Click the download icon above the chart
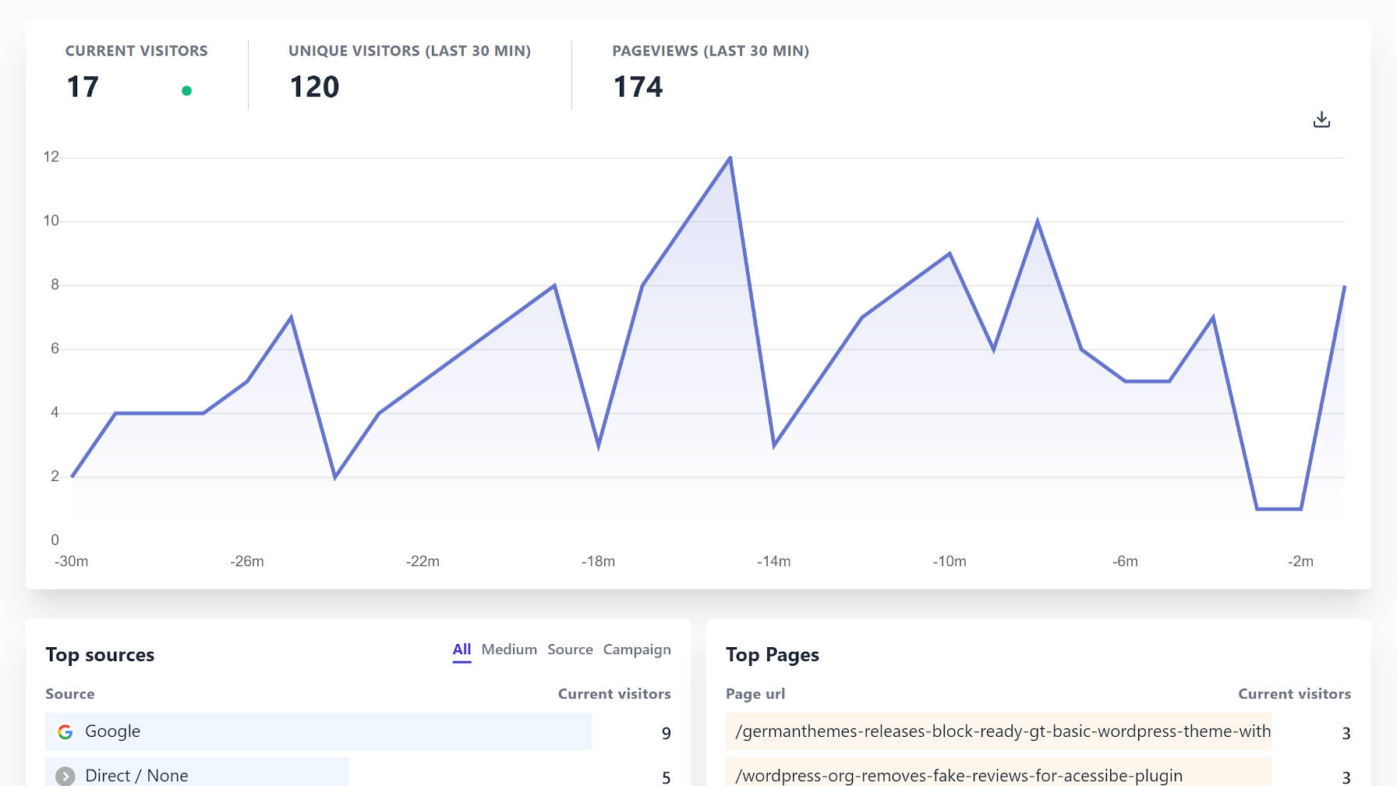tap(1321, 119)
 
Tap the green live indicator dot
tap(186, 90)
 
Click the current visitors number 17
tap(83, 87)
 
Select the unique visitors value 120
tap(314, 87)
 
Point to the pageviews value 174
tap(638, 87)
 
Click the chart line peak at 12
tap(730, 158)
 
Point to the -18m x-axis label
tap(598, 561)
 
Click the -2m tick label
tap(1300, 561)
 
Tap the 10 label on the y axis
tap(51, 221)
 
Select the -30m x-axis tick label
tap(71, 561)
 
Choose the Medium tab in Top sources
tap(509, 650)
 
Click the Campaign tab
tap(637, 650)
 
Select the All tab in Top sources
tap(462, 650)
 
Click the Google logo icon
tap(65, 731)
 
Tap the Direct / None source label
tap(136, 775)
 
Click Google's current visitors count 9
tap(666, 733)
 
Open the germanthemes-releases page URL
tap(1003, 731)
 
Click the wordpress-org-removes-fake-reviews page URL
tap(959, 775)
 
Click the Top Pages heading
tap(772, 655)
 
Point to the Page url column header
tap(755, 694)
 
